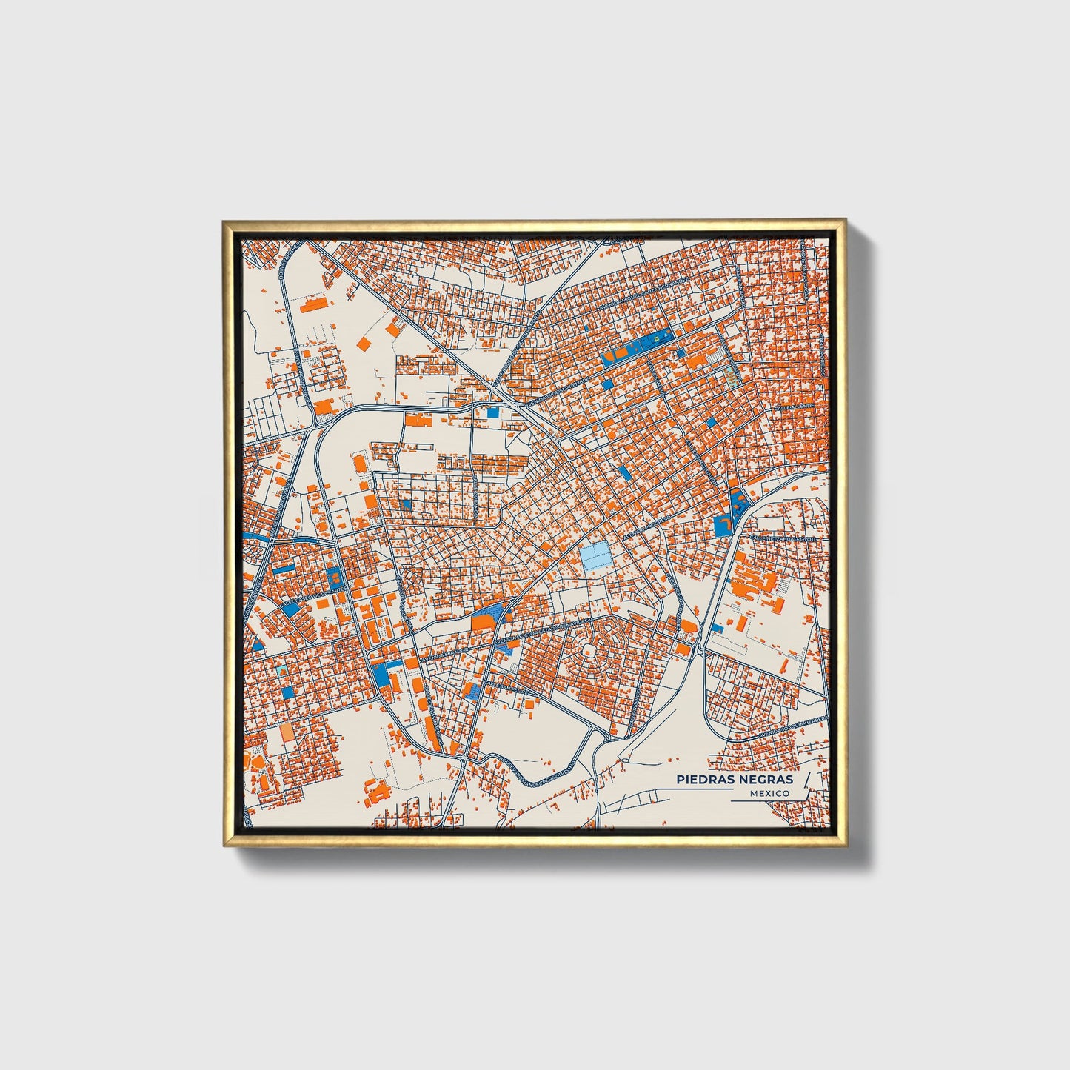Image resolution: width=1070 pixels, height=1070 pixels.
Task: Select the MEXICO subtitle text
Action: (769, 793)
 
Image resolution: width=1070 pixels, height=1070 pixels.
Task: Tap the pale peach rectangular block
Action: (287, 732)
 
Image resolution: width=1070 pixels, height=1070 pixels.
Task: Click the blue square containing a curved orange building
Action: (723, 526)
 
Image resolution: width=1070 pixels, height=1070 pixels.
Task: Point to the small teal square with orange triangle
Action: (281, 671)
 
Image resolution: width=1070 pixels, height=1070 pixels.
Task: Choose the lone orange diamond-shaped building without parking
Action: (364, 343)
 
